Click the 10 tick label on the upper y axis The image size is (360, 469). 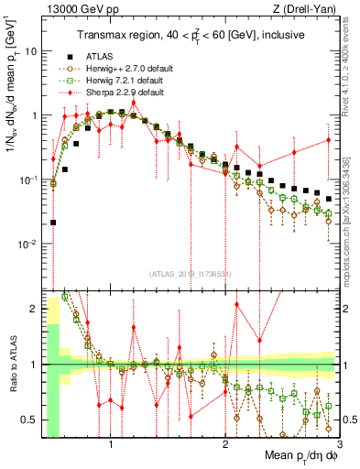[32, 51]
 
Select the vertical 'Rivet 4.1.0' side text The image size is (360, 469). [351, 55]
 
